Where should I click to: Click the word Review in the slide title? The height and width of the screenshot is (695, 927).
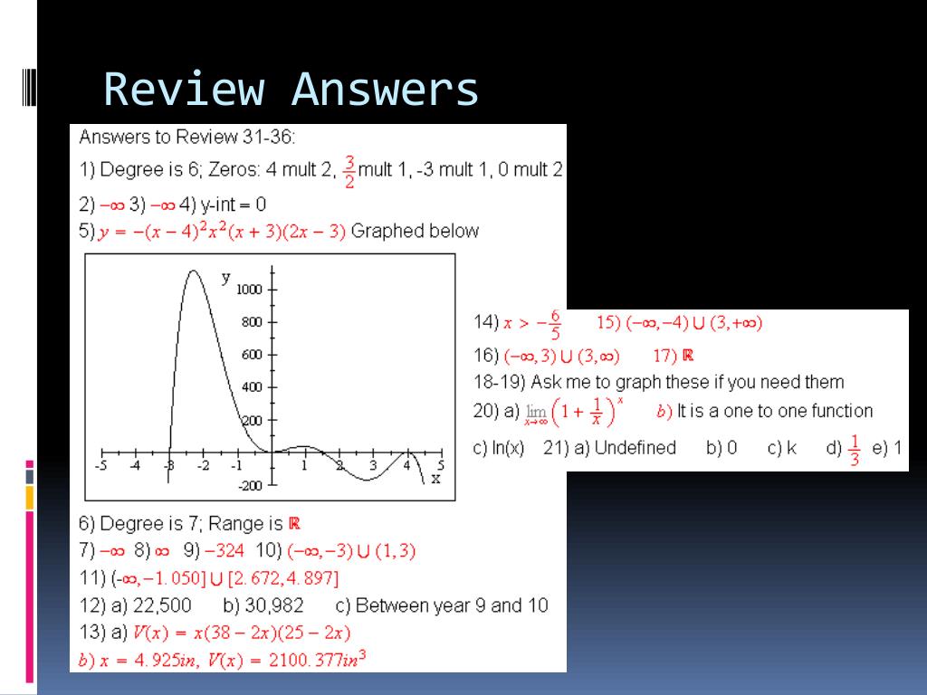[x=184, y=90]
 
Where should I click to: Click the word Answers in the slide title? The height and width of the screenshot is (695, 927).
[x=385, y=90]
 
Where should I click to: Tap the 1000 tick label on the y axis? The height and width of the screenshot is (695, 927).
[x=249, y=290]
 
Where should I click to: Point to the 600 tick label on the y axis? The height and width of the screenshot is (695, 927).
[x=252, y=355]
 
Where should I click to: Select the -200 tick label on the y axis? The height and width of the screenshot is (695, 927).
[x=250, y=486]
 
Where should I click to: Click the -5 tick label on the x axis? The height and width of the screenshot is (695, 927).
[x=101, y=466]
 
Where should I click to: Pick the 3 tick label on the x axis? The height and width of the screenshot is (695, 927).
[x=373, y=466]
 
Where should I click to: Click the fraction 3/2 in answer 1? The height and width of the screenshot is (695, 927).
[x=349, y=171]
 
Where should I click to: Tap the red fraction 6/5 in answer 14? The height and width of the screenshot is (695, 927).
[x=555, y=325]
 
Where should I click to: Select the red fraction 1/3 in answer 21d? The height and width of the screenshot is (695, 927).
[x=854, y=450]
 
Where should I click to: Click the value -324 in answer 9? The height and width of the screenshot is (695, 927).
[x=225, y=551]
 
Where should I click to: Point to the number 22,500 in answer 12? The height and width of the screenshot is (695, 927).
[x=162, y=605]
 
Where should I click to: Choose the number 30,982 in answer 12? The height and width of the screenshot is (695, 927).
[x=274, y=605]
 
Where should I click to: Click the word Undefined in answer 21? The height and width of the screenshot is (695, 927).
[x=635, y=447]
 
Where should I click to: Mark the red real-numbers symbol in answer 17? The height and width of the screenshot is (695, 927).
[x=688, y=355]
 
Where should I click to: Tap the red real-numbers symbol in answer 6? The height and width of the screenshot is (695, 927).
[x=294, y=523]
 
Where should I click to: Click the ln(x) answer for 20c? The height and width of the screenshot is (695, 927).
[x=508, y=448]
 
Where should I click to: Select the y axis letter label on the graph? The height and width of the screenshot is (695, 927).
[x=225, y=278]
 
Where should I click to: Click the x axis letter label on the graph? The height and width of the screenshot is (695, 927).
[x=435, y=479]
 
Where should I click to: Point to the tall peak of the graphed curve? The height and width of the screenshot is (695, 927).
[x=194, y=271]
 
